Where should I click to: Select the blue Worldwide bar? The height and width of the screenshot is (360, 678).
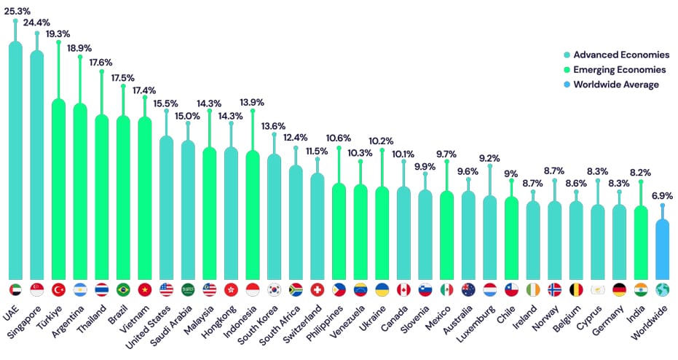click(x=662, y=248)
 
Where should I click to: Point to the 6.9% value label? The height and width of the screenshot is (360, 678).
click(x=662, y=197)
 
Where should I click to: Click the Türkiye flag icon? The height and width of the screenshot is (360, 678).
click(x=59, y=289)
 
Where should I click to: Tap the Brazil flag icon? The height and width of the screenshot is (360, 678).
click(x=123, y=289)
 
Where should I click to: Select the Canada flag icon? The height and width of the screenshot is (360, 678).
click(x=403, y=289)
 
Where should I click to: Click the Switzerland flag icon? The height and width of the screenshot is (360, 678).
click(x=318, y=289)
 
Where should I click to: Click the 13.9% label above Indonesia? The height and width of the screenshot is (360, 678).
click(x=252, y=102)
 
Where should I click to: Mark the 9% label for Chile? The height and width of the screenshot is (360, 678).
click(x=511, y=173)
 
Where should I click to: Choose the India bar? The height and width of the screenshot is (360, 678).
click(x=640, y=240)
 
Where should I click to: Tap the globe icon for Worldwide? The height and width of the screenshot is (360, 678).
click(x=662, y=289)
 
